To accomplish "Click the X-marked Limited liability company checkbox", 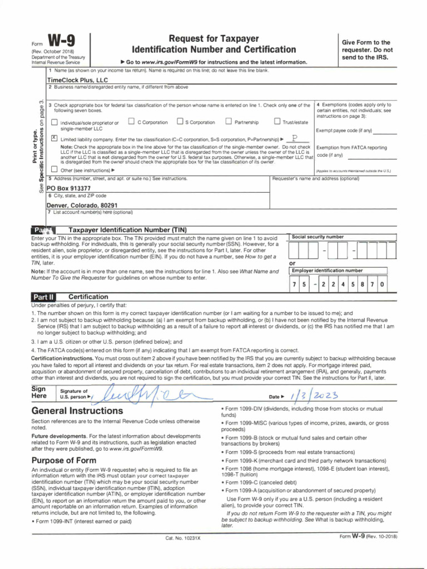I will tap(54, 138).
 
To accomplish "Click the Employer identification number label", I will tap(327, 271).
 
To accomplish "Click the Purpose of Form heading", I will tap(64, 461).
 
